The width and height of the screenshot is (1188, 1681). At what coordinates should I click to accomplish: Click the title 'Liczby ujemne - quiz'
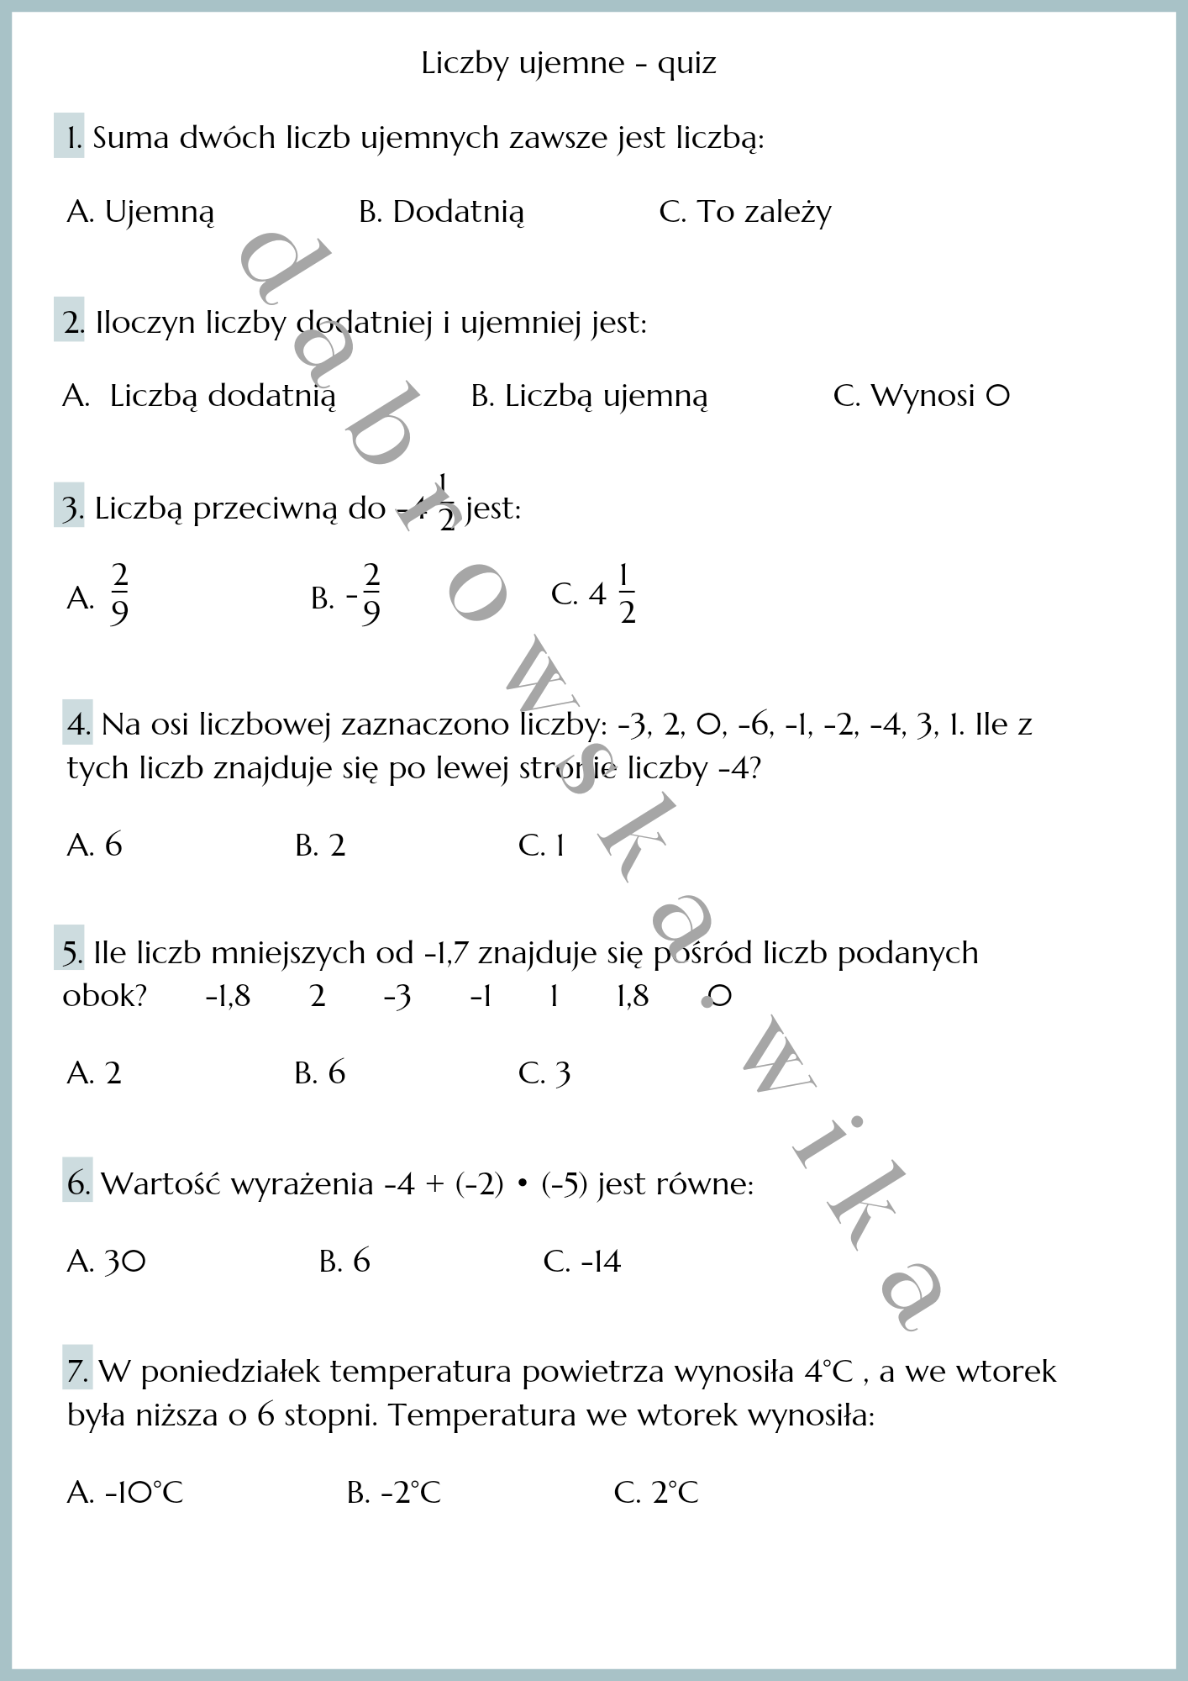569,64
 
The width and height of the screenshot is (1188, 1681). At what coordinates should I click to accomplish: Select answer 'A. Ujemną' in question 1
140,212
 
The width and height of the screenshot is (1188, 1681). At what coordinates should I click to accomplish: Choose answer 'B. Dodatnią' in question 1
441,212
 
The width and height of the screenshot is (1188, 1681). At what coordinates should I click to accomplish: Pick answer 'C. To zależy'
744,212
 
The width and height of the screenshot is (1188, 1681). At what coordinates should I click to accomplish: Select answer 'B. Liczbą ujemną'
589,396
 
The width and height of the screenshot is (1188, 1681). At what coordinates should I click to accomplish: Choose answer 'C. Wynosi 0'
921,396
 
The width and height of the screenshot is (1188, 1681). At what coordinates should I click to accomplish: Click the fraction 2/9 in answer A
119,595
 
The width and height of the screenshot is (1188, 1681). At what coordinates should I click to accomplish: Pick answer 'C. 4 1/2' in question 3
593,595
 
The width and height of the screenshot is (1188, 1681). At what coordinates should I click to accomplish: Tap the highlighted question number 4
77,725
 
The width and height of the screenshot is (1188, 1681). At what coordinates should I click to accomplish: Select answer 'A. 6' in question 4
94,845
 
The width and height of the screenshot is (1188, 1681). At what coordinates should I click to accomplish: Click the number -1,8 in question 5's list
228,997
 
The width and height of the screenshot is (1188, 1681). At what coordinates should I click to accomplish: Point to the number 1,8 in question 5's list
632,997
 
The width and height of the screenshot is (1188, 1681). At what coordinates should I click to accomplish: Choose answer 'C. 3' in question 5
544,1073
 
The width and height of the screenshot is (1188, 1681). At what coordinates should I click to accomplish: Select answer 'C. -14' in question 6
581,1262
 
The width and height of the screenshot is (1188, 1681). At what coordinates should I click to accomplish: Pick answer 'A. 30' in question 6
106,1262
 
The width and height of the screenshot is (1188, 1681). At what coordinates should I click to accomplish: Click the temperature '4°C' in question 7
828,1372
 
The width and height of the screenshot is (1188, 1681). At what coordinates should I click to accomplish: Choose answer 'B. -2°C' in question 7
393,1493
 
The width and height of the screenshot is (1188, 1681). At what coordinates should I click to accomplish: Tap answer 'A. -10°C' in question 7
124,1493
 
